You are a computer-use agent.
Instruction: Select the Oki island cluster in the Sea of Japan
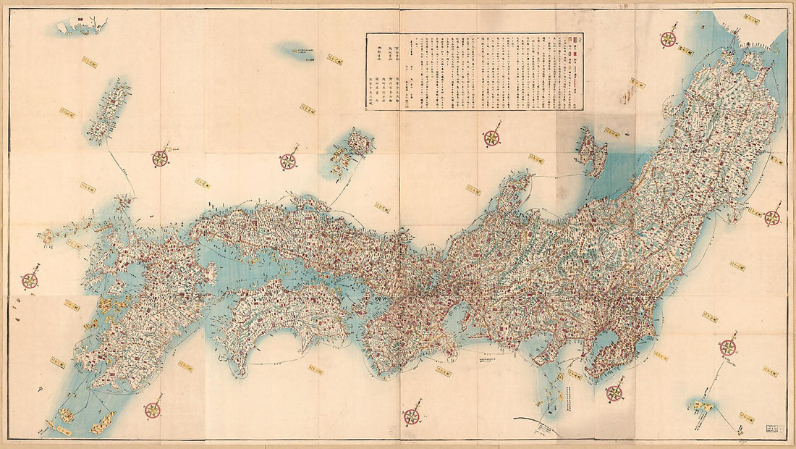pos(351,152)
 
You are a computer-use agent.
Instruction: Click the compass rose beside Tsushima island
pos(160,157)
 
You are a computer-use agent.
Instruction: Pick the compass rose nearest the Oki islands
pos(289,161)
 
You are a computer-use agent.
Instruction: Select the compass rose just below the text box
pos(492,137)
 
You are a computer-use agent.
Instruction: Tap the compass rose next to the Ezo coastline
pos(669,39)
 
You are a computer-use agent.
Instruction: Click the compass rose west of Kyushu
pos(30,280)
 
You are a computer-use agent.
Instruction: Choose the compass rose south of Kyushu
pos(153,409)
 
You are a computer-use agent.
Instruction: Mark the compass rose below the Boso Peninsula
pos(614,393)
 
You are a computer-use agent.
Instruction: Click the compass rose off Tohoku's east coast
pos(772,217)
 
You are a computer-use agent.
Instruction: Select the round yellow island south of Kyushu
pos(66,415)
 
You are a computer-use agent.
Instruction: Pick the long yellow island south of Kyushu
pos(102,422)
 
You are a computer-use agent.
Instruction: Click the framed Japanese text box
pos(474,70)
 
